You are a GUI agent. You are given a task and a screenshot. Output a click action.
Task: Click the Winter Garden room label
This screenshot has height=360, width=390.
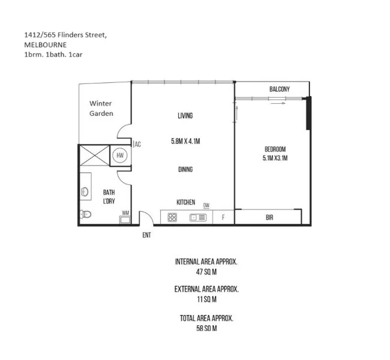(101, 108)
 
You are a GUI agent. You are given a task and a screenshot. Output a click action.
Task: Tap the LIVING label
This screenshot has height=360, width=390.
(185, 116)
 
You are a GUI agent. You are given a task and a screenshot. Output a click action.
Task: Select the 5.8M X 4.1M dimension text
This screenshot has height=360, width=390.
(185, 142)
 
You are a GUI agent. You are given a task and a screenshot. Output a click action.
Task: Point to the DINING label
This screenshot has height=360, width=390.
(185, 169)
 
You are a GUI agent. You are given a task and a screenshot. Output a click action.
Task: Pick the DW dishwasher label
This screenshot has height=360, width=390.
(206, 205)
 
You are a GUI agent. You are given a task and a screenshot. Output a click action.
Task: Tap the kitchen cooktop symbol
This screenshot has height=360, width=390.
(172, 218)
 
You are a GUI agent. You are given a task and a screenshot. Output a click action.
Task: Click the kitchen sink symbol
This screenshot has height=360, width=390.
(197, 218)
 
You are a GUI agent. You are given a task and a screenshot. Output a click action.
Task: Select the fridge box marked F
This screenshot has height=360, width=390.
(223, 218)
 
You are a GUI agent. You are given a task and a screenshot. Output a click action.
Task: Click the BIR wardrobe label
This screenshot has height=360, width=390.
(269, 218)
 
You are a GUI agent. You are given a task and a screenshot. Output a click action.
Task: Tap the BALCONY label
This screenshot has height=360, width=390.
(279, 89)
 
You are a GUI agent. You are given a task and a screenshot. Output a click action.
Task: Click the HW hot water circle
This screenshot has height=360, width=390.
(120, 155)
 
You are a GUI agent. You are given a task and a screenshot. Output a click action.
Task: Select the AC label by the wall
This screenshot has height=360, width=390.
(137, 144)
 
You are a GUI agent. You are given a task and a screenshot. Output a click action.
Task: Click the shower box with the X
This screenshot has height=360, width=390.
(95, 155)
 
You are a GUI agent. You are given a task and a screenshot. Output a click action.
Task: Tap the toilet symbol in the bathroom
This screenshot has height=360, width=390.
(86, 214)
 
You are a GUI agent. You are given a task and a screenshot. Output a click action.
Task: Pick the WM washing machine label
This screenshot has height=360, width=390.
(125, 212)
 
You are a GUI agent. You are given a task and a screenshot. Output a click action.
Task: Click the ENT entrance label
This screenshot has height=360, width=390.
(146, 235)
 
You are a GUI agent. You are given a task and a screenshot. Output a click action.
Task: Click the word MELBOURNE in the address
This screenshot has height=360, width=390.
(45, 44)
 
